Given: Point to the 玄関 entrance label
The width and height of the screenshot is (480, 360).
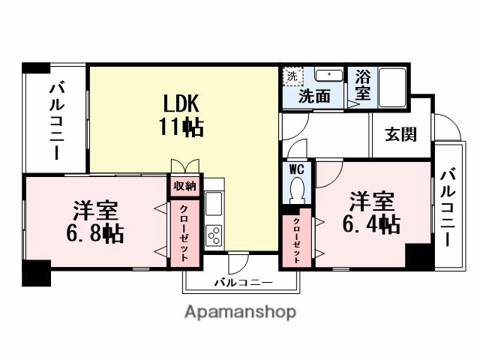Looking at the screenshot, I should [x=401, y=136].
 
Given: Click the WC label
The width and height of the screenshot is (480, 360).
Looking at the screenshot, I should [x=295, y=169].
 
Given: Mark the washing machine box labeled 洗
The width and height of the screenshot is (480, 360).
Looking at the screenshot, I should [x=292, y=76].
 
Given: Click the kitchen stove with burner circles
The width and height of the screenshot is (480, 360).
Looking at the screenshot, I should [x=214, y=235].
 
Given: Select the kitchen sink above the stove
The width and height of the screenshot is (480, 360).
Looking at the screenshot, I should [x=214, y=204].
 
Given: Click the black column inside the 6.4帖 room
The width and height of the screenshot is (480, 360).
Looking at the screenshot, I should [x=419, y=257].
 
